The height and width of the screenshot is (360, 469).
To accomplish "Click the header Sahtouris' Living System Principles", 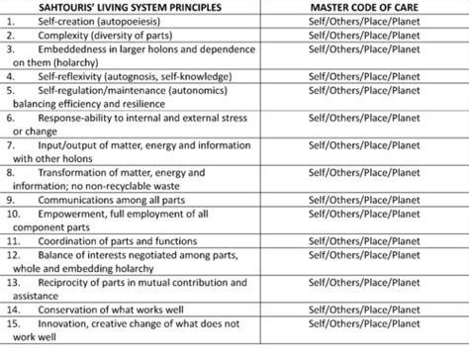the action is tap(132, 8).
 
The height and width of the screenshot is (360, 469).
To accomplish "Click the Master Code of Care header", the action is tap(364, 8).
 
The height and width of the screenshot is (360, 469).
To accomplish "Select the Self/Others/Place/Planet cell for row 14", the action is tap(364, 308).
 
